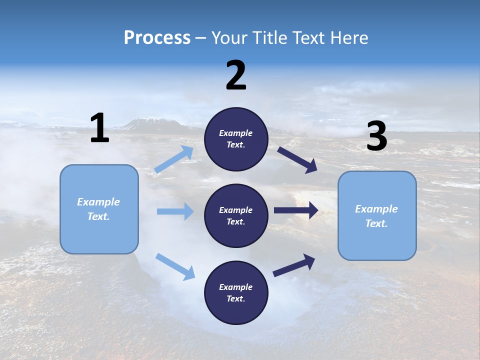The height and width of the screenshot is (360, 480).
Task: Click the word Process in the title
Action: (157, 38)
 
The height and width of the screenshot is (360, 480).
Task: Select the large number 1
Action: (99, 128)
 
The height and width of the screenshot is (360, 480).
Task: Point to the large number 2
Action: (236, 75)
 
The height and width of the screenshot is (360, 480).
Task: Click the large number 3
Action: (376, 136)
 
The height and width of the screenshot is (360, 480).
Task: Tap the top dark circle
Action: (236, 139)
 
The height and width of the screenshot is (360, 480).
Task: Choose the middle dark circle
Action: (236, 215)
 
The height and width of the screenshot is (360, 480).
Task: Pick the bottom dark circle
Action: (236, 292)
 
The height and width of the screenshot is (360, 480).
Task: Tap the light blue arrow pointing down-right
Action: (175, 266)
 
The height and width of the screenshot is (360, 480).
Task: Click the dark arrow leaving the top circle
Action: (297, 160)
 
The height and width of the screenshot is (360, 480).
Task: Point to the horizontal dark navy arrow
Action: (295, 210)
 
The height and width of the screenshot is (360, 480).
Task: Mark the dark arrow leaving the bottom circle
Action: (294, 265)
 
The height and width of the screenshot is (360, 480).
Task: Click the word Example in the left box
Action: (98, 202)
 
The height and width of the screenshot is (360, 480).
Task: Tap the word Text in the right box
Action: (376, 223)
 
